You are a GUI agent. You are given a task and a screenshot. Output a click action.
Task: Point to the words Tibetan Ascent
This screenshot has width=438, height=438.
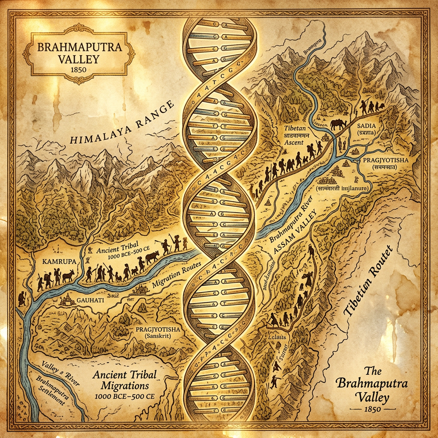[x=300, y=134]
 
